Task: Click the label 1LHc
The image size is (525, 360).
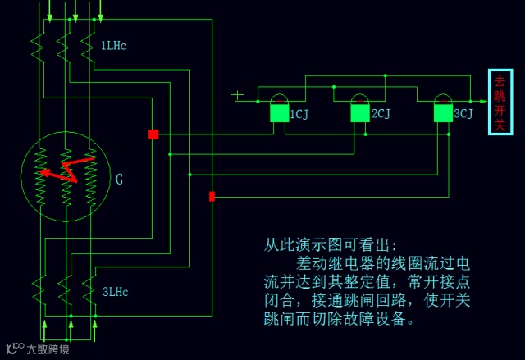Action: (x=113, y=45)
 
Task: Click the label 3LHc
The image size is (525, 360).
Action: (x=115, y=291)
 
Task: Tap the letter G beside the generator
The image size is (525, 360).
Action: (x=119, y=179)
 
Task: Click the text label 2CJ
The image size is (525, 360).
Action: (x=381, y=114)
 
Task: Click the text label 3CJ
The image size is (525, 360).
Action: (x=463, y=114)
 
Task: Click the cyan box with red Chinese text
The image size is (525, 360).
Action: (x=500, y=103)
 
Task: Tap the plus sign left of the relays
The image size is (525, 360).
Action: (x=238, y=95)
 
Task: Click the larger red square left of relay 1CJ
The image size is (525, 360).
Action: (x=153, y=134)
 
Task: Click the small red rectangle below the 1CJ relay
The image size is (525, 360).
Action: (x=212, y=196)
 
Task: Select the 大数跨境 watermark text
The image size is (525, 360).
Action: (x=48, y=349)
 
